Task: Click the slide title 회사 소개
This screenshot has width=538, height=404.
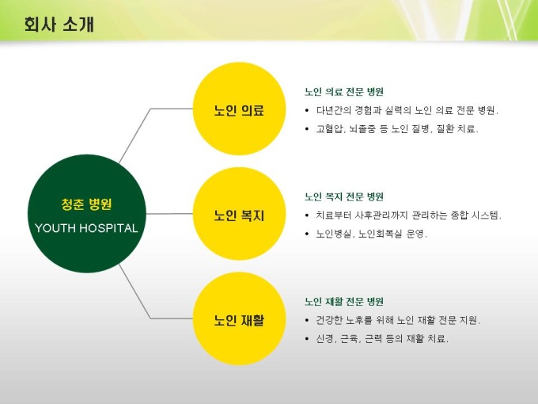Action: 59,25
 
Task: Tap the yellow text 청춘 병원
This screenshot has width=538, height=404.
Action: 86,204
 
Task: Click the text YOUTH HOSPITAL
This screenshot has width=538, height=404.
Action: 86,228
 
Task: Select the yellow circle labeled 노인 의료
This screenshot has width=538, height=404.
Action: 240,109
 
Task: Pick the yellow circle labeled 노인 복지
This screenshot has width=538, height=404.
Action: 240,214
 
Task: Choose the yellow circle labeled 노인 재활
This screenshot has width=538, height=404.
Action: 240,318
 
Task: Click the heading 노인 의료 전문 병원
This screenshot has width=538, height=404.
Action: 344,92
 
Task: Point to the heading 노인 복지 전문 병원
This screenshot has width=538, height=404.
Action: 344,196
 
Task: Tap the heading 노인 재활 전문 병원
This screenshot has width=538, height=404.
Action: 344,302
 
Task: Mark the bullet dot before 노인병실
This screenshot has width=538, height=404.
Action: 307,234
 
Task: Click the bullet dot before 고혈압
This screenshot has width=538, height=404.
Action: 307,129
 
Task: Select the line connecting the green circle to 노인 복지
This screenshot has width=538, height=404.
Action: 169,214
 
